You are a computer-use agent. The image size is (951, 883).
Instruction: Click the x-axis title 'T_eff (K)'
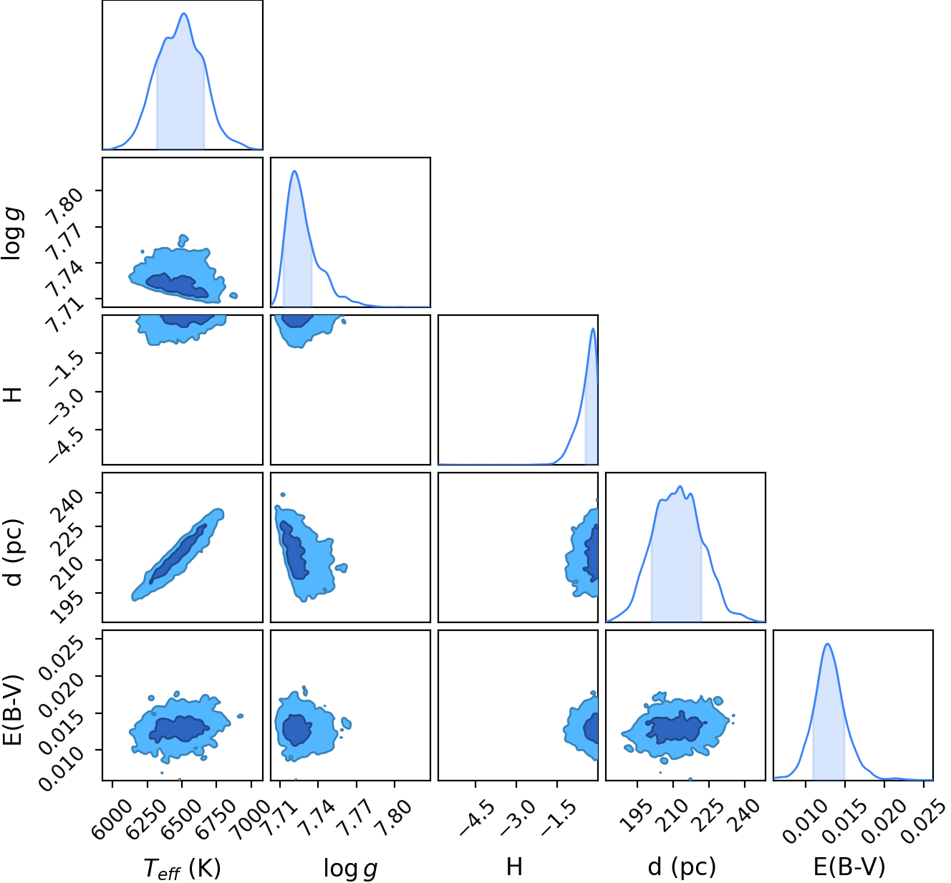click(182, 868)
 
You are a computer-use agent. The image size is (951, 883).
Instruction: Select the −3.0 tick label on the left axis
click(65, 406)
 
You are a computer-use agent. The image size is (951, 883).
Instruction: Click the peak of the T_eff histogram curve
click(184, 14)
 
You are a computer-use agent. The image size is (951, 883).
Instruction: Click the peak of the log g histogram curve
click(294, 171)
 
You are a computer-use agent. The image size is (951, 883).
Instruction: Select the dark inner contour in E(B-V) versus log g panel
click(297, 729)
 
